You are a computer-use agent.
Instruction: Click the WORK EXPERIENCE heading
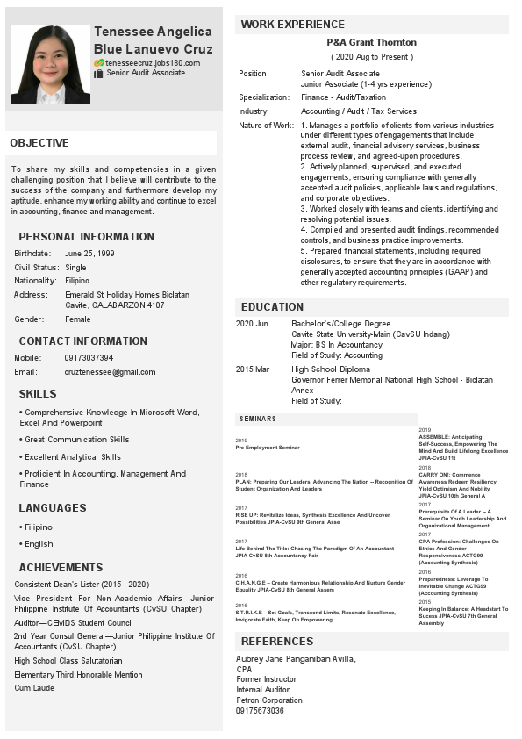tap(292, 24)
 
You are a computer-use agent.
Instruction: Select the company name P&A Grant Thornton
tap(371, 42)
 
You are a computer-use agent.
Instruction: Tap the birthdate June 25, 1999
tap(89, 253)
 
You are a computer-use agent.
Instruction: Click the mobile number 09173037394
tap(89, 357)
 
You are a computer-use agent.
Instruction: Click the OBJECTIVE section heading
tap(39, 143)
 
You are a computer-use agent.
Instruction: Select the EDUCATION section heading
tap(272, 307)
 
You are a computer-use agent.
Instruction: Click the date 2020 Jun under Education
tap(253, 324)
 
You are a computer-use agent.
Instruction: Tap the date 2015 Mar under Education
tap(253, 369)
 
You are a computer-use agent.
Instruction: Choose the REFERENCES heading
tap(277, 642)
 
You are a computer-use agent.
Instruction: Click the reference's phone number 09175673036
tap(260, 710)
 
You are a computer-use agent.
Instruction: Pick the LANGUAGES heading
tap(53, 508)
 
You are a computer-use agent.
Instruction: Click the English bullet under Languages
tap(38, 544)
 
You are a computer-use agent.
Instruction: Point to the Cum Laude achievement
tap(34, 688)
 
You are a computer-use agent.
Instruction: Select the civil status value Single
tap(75, 267)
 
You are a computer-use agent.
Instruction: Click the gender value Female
tap(78, 319)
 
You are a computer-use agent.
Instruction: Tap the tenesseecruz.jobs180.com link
tap(153, 63)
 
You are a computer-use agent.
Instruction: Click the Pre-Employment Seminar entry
tap(267, 448)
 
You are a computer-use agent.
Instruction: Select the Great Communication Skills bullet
tap(76, 440)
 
